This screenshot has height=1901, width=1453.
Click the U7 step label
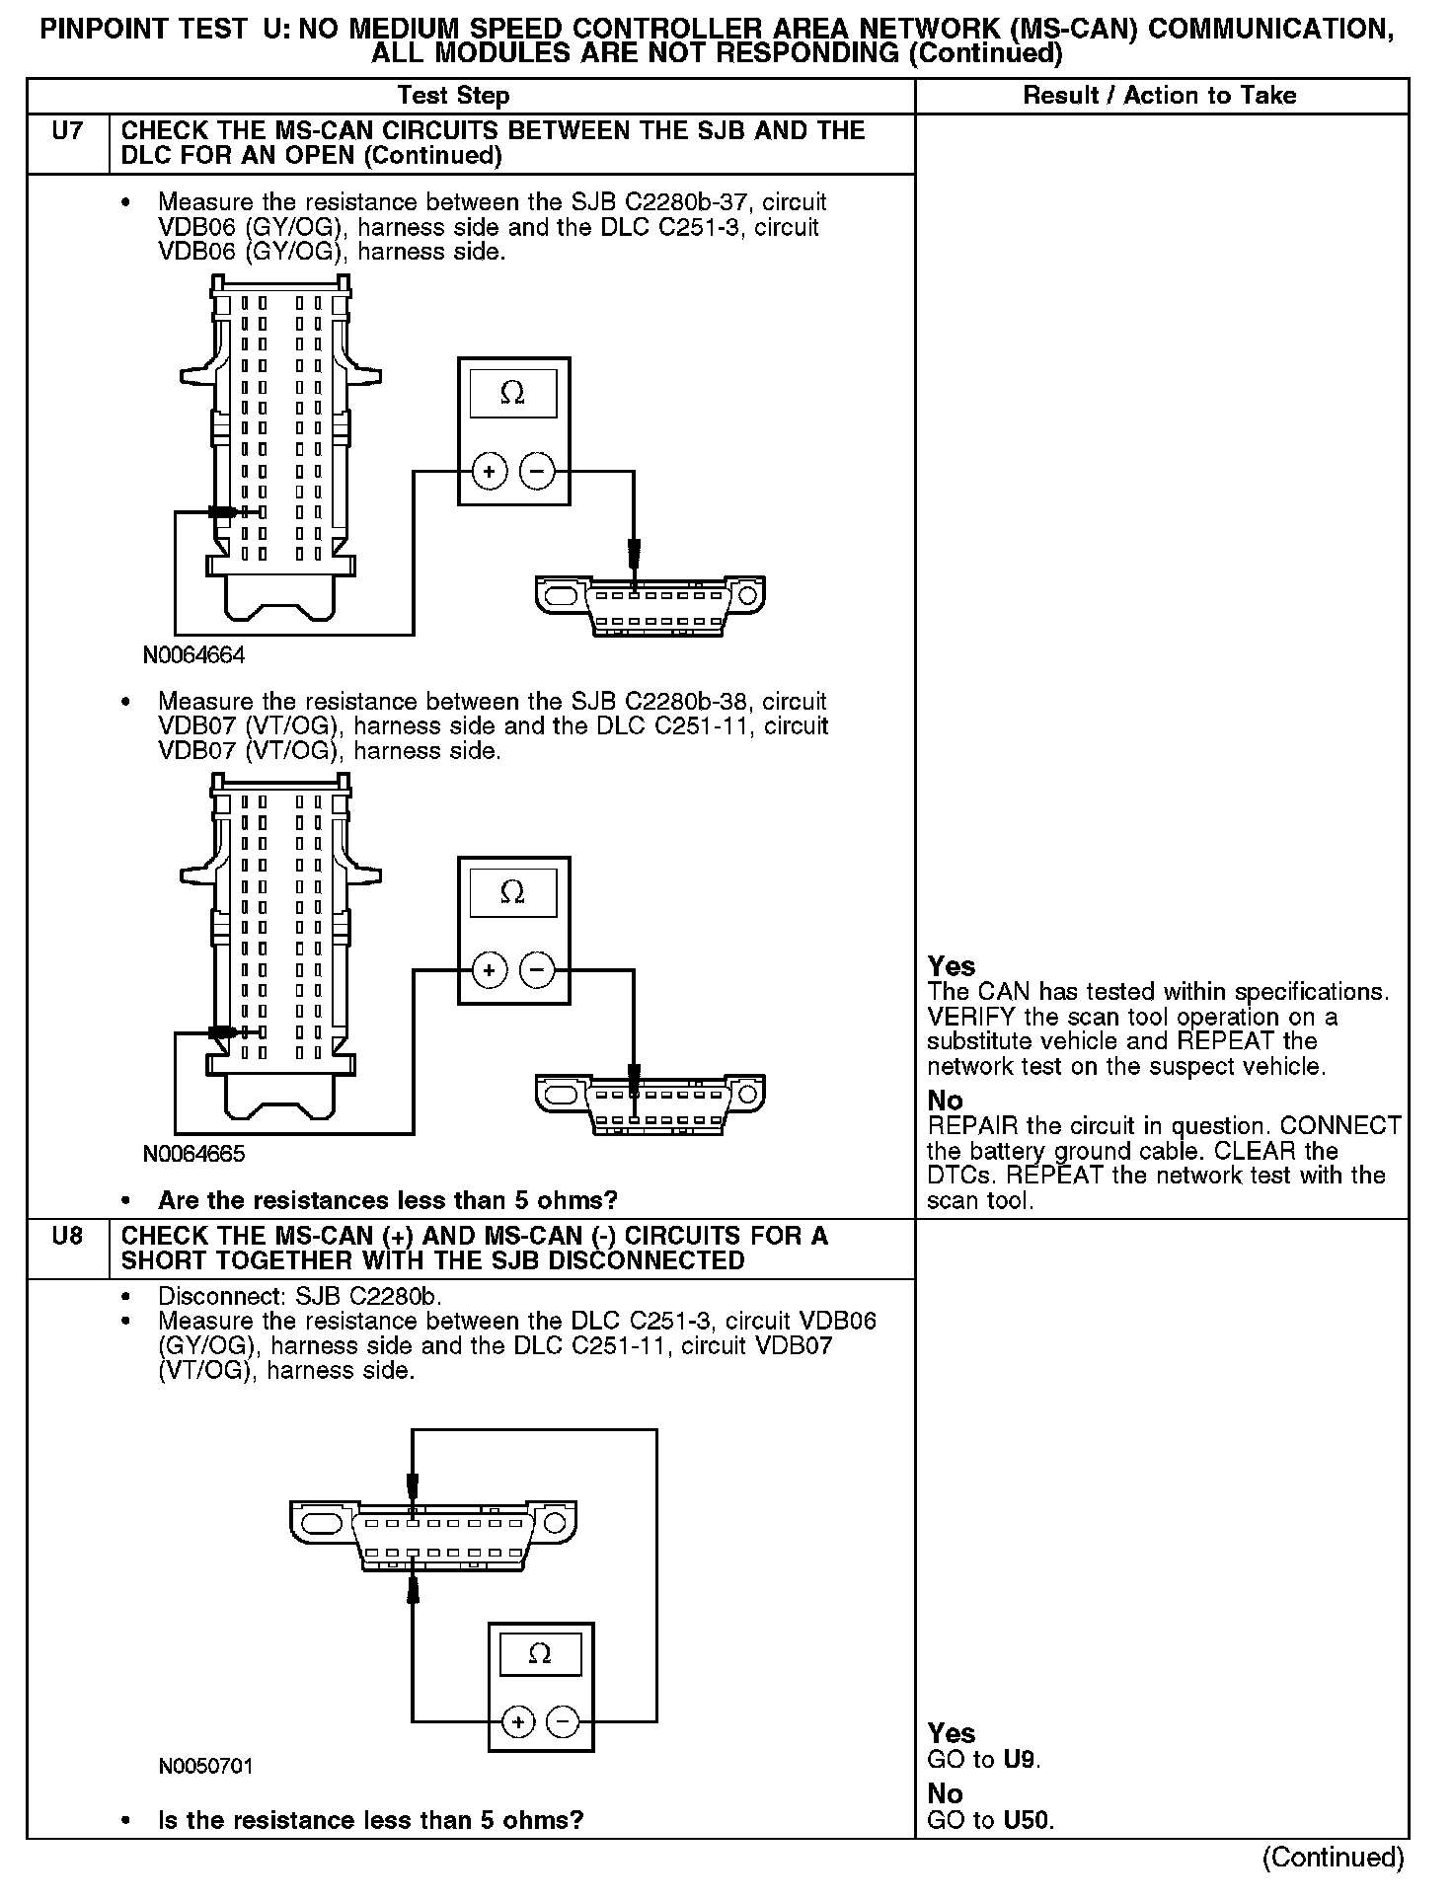coord(67,131)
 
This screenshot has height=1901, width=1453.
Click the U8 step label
coord(67,1236)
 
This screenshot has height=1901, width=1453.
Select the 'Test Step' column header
coord(453,96)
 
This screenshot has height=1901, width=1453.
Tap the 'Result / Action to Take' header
coord(1160,96)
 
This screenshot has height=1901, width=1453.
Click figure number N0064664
coord(193,654)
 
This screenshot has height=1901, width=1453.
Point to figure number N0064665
coord(193,1153)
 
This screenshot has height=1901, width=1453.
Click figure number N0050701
coord(205,1766)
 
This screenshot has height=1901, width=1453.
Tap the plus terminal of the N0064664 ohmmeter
coord(489,472)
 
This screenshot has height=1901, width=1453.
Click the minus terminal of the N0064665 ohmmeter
coord(537,970)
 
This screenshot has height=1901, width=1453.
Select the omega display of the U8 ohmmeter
coord(540,1653)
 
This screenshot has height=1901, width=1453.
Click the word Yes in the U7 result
coord(952,966)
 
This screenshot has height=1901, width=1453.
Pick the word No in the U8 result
coord(945,1793)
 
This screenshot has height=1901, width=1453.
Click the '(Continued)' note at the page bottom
coord(1333,1857)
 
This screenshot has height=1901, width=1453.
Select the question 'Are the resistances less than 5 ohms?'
coord(387,1200)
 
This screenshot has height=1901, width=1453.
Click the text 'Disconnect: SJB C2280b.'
coord(300,1296)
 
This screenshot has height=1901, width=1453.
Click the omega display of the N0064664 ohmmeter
coord(513,393)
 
